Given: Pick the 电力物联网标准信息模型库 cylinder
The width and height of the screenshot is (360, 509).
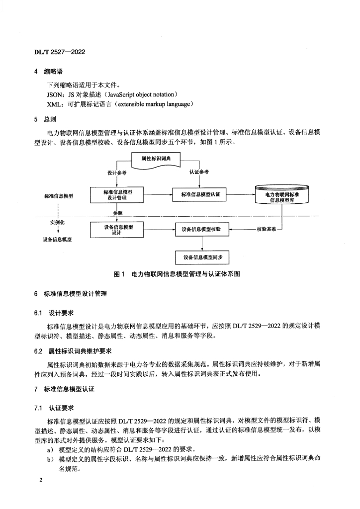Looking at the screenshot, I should (x=281, y=196).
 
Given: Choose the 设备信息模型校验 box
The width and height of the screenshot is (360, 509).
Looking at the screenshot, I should (x=201, y=230).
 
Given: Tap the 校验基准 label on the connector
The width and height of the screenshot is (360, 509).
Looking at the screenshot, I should (x=268, y=230).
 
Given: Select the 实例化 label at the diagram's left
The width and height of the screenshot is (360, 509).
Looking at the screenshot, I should (x=58, y=223).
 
